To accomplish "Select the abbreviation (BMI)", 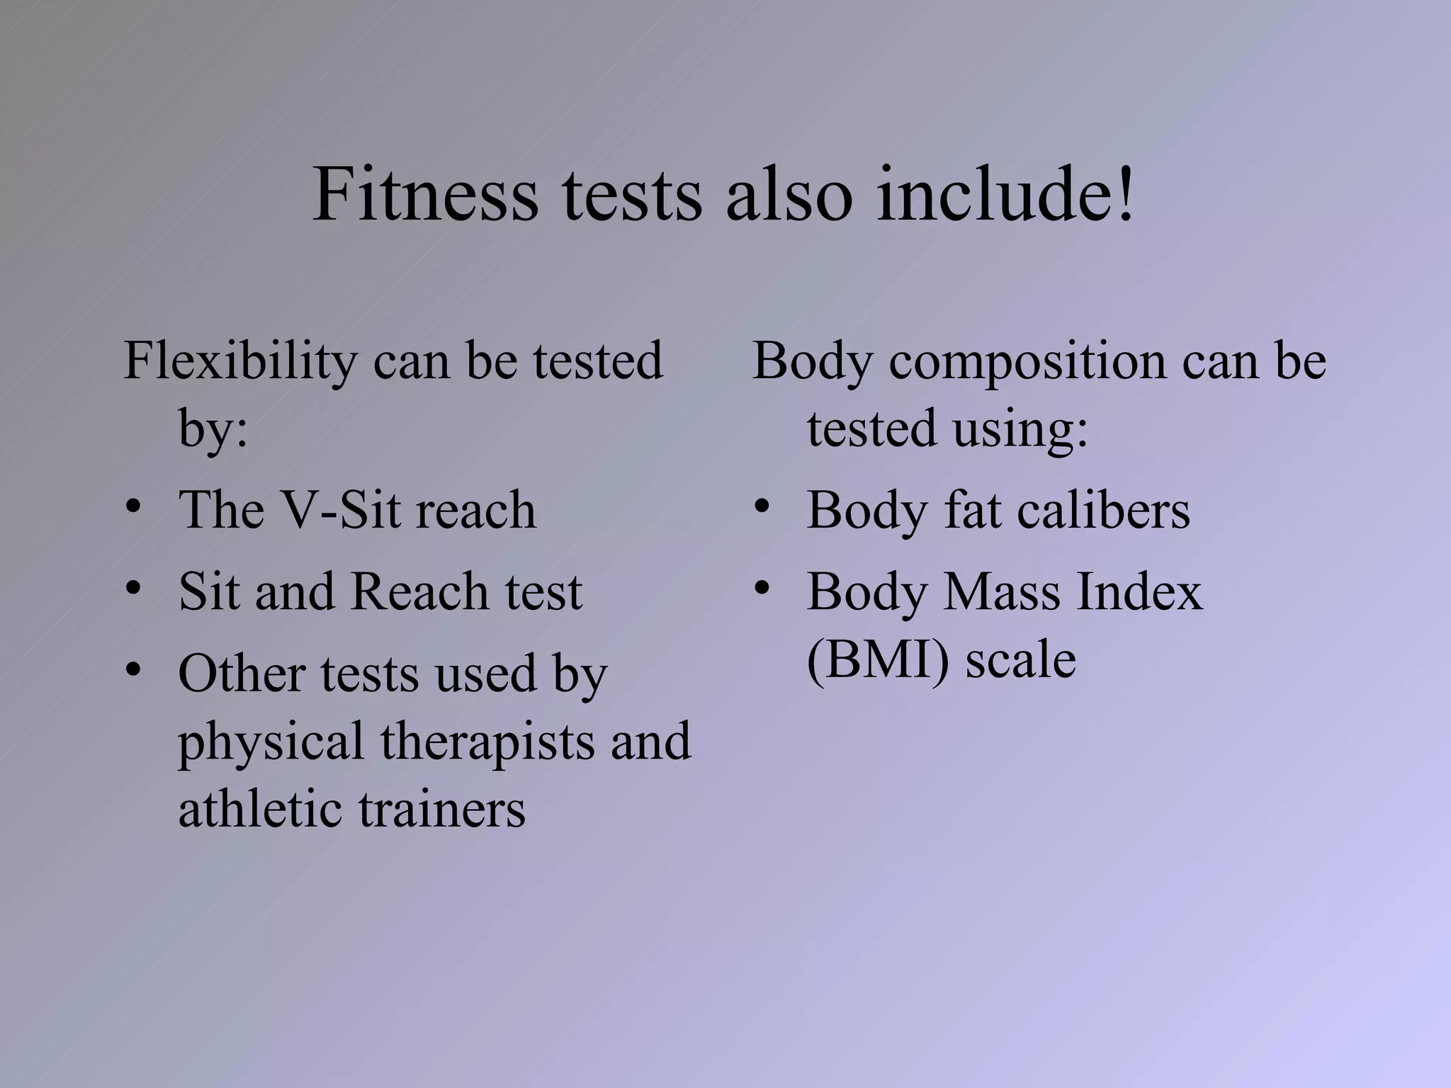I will [877, 660].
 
